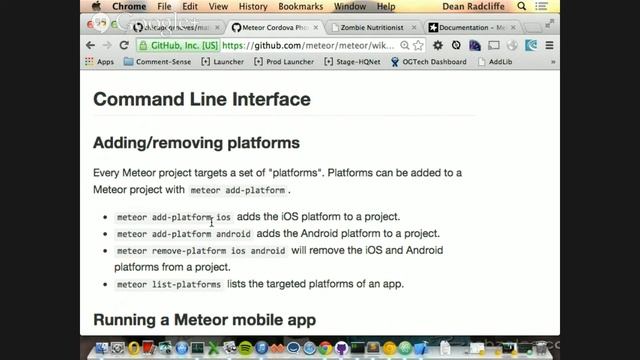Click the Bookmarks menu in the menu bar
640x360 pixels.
click(300, 7)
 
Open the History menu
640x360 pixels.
click(253, 7)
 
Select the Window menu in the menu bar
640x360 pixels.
click(350, 7)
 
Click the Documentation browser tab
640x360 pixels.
click(471, 27)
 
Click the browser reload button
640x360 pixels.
click(124, 45)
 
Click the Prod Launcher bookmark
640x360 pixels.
click(287, 62)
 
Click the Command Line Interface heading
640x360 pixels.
click(201, 99)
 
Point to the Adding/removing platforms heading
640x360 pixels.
click(196, 142)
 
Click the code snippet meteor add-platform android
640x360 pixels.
click(183, 234)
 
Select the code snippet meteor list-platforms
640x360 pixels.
click(168, 284)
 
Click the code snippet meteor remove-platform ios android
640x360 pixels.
click(200, 251)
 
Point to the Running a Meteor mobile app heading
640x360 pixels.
click(204, 320)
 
